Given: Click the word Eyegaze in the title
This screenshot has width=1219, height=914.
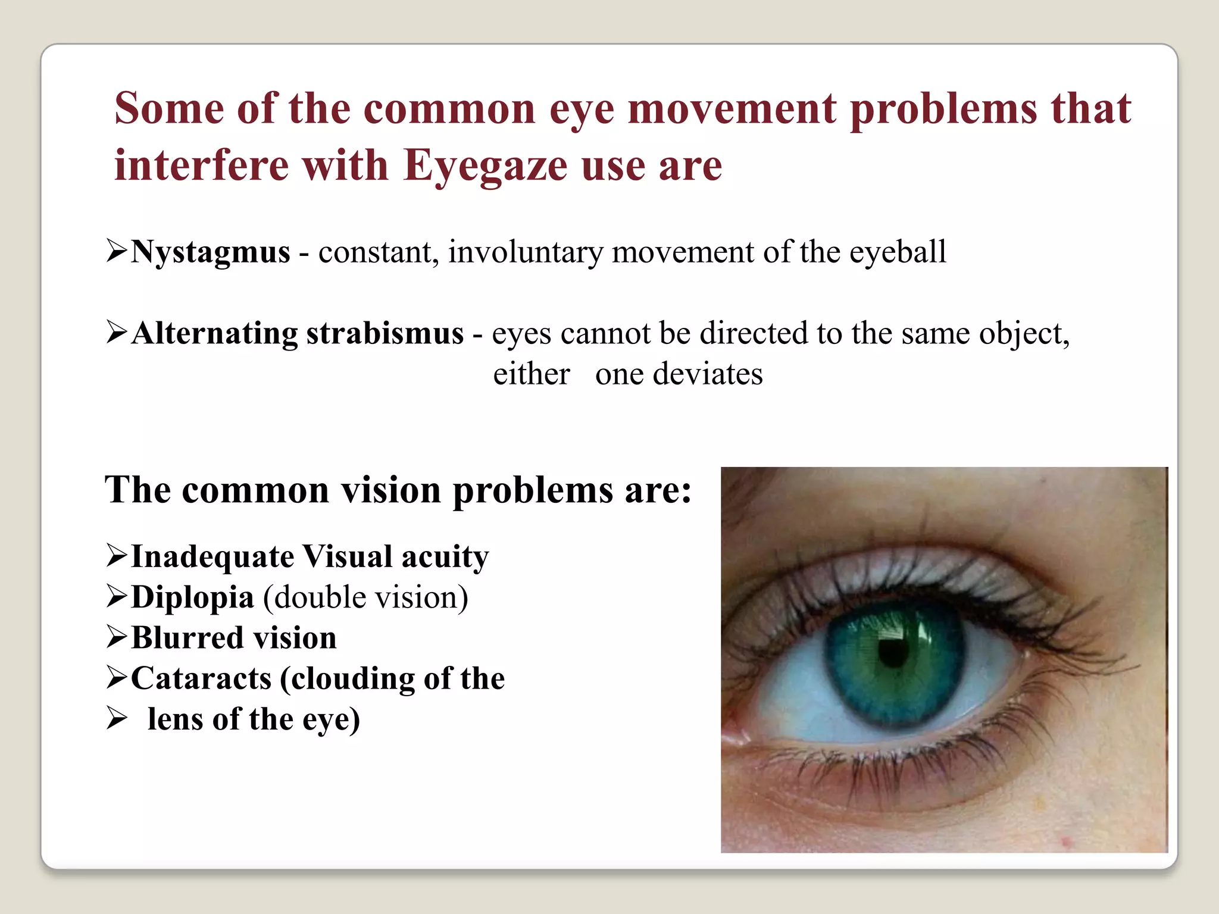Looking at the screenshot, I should (485, 165).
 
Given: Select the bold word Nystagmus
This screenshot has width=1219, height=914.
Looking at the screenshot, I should (211, 252).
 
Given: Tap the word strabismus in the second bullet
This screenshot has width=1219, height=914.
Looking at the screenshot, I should (385, 333).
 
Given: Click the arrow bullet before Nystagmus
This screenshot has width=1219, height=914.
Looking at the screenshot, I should (117, 251).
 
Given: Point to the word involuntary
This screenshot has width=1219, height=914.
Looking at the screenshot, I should (525, 252).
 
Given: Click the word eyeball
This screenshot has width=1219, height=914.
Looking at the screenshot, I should (897, 252).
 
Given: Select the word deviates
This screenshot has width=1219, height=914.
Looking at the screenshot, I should (708, 375).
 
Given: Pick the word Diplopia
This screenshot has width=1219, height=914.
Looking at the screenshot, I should (192, 597).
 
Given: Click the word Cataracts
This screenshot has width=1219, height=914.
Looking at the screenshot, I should (201, 678).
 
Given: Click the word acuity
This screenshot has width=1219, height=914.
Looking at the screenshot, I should (445, 557).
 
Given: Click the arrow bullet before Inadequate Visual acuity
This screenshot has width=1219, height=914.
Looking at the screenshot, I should (117, 555).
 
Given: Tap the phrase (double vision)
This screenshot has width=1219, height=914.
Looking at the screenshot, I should (365, 597).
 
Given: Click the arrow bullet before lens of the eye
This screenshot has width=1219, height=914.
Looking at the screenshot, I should (117, 718).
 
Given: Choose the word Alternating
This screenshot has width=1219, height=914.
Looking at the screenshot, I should (214, 333).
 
